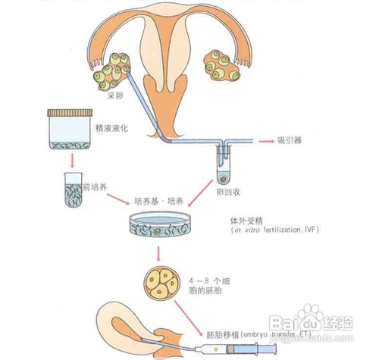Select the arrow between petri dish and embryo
point(158,252)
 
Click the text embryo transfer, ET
point(273,333)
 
